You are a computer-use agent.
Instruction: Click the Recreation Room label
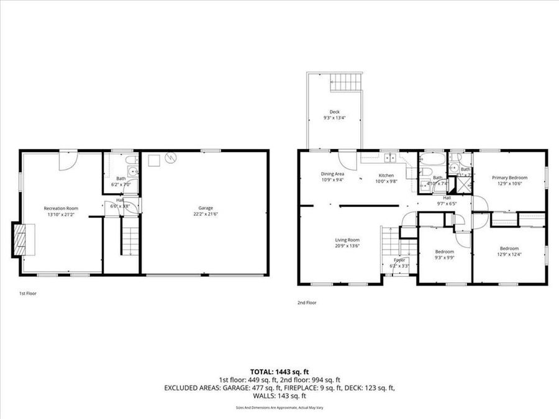pos(60,208)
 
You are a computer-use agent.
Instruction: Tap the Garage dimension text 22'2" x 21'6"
pos(206,214)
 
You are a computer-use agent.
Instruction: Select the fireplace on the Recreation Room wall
pos(20,240)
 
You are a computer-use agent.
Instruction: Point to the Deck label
pos(334,112)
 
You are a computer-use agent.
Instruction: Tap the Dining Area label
pos(332,174)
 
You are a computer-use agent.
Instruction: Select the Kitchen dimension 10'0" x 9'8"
pos(386,181)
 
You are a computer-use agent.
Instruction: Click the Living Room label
pos(348,240)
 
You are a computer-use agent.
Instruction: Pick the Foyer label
pos(399,260)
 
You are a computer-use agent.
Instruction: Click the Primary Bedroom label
pos(509,178)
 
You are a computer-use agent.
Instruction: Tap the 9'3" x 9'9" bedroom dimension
pos(444,257)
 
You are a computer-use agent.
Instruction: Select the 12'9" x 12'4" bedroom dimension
pos(509,255)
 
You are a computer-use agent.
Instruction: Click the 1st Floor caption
pos(27,293)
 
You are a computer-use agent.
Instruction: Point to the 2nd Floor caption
pos(307,303)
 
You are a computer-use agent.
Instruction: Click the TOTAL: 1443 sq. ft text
pos(279,371)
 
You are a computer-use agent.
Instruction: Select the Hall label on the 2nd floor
pos(447,197)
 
